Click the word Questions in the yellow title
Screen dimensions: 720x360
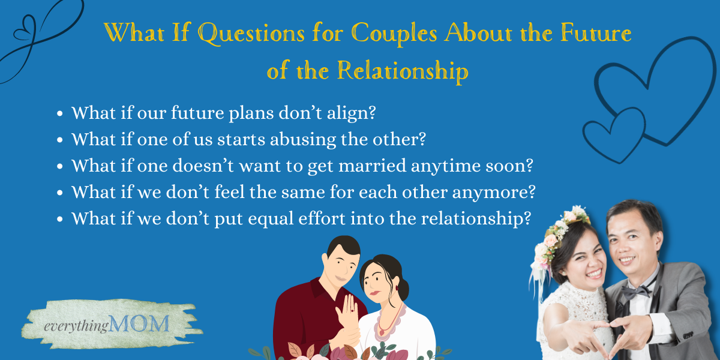(x=251, y=34)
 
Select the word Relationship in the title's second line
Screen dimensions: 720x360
(x=403, y=71)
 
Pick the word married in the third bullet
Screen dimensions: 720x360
(x=372, y=166)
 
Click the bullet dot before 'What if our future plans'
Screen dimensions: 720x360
(x=59, y=113)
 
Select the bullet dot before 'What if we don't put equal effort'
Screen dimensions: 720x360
(x=59, y=219)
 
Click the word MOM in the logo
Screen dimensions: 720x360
(x=139, y=323)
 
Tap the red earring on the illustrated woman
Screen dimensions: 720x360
(x=397, y=287)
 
